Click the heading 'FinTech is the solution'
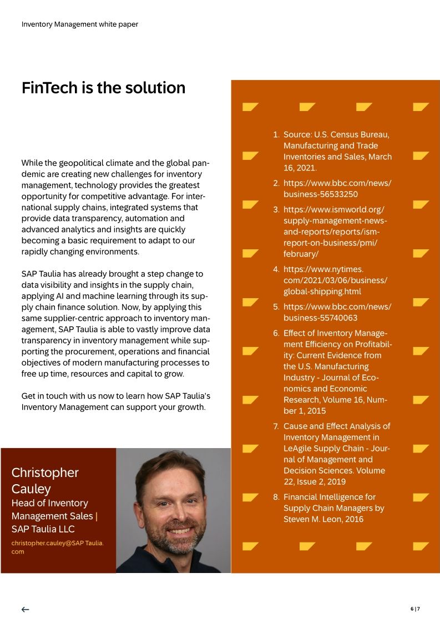pyautogui.click(x=103, y=88)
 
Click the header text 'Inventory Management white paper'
pyautogui.click(x=80, y=24)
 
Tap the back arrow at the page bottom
pyautogui.click(x=26, y=609)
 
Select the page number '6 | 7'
pyautogui.click(x=415, y=609)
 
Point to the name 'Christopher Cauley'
pyautogui.click(x=45, y=481)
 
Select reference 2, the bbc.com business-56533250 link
pyautogui.click(x=337, y=188)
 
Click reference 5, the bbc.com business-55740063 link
pyautogui.click(x=337, y=312)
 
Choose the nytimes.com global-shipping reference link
pyautogui.click(x=335, y=280)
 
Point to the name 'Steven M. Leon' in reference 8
pyautogui.click(x=310, y=519)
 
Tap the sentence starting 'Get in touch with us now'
pyautogui.click(x=115, y=401)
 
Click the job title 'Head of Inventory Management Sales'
pyautogui.click(x=53, y=510)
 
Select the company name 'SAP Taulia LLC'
pyautogui.click(x=43, y=529)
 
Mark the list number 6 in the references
pyautogui.click(x=276, y=333)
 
